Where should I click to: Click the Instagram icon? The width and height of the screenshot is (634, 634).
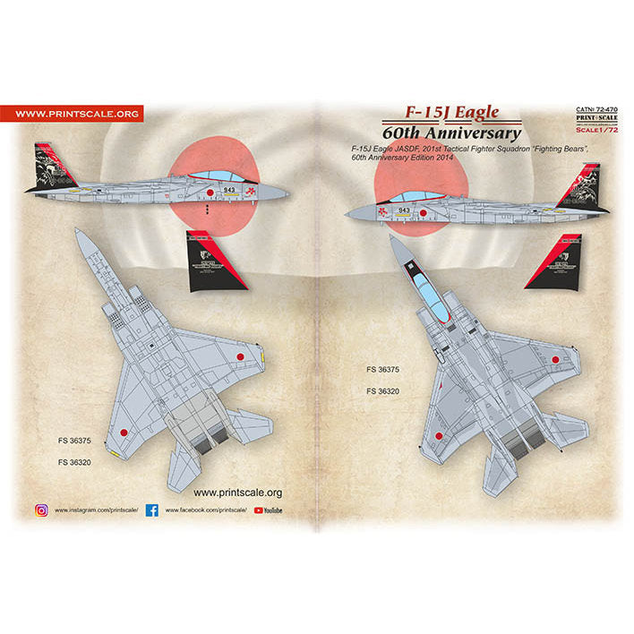point(41,510)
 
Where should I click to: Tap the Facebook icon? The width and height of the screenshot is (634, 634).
point(151,510)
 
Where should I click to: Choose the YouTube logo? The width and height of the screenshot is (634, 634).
point(270,510)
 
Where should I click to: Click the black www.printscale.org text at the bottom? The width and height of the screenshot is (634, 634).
point(237,492)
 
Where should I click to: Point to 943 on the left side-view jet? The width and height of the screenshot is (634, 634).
point(231,190)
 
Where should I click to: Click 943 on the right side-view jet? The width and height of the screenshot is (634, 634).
point(404,210)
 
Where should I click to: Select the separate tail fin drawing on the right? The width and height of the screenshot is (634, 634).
point(554,261)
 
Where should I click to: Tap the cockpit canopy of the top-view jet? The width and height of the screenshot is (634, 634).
point(429,296)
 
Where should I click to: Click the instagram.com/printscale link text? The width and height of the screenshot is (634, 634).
point(97,510)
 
